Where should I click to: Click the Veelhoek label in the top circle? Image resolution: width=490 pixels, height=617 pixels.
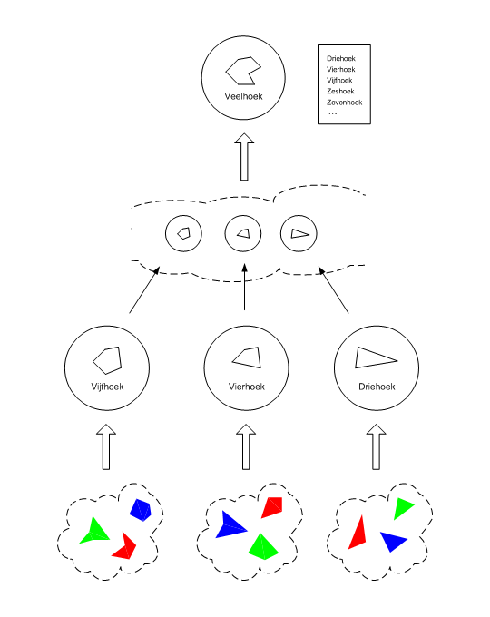click(243, 96)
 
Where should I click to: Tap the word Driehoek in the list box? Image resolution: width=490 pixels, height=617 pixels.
click(341, 59)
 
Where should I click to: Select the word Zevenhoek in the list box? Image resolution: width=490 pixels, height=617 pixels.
click(345, 103)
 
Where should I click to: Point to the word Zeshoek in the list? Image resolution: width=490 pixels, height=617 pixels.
click(340, 92)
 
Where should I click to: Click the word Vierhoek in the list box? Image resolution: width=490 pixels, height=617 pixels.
click(341, 70)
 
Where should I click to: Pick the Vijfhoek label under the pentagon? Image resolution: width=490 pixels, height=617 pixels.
click(107, 387)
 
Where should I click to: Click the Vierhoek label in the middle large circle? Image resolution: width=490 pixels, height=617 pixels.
click(247, 387)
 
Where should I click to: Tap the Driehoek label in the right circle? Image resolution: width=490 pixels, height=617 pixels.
click(377, 387)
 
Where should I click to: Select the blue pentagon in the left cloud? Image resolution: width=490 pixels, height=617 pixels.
click(141, 510)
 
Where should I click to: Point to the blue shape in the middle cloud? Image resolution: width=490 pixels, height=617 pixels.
click(229, 525)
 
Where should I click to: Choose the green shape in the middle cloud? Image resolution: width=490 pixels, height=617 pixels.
click(263, 547)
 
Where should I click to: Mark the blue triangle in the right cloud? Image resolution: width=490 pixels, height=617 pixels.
click(393, 541)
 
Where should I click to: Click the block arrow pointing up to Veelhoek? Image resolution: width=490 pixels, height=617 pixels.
click(244, 157)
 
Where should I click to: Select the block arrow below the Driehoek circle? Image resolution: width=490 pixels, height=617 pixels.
click(377, 446)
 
